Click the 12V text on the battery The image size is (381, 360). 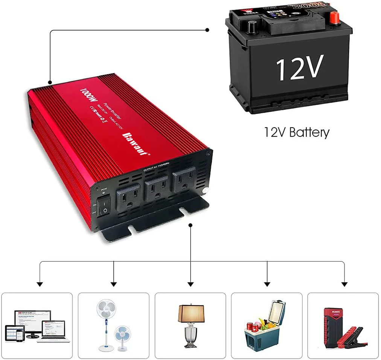click(300, 68)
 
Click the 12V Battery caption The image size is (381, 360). click(297, 132)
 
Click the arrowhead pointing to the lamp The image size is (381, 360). click(190, 284)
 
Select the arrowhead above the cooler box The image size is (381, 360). click(267, 284)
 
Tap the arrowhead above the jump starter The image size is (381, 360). click(344, 284)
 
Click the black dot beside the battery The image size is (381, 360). click(207, 30)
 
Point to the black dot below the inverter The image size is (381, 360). click(190, 225)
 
